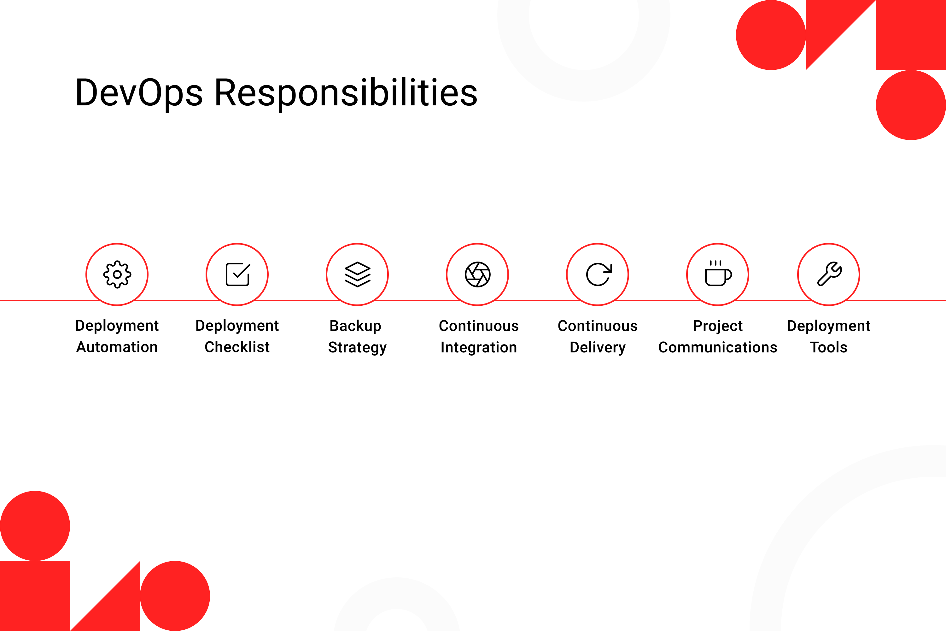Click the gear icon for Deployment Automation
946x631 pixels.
[117, 274]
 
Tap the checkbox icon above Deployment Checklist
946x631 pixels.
[238, 274]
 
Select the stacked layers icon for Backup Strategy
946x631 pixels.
[358, 274]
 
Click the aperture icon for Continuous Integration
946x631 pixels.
[477, 274]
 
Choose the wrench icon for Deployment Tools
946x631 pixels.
[829, 274]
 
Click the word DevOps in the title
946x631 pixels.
[139, 94]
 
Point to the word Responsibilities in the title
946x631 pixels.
[346, 94]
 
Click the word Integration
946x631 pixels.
[479, 348]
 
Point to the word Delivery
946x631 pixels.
[598, 348]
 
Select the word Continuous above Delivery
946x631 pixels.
[598, 326]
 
